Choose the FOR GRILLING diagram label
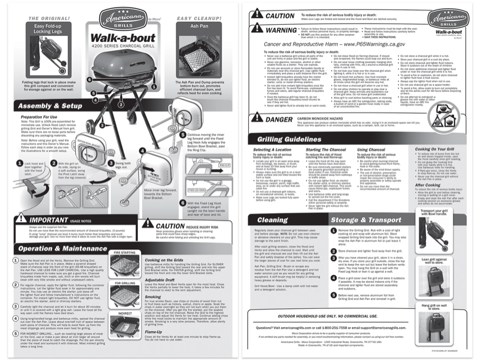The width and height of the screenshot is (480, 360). point(127,283)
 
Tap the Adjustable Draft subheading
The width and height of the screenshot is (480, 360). point(165,280)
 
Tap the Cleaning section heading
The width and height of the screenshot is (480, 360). point(273,220)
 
